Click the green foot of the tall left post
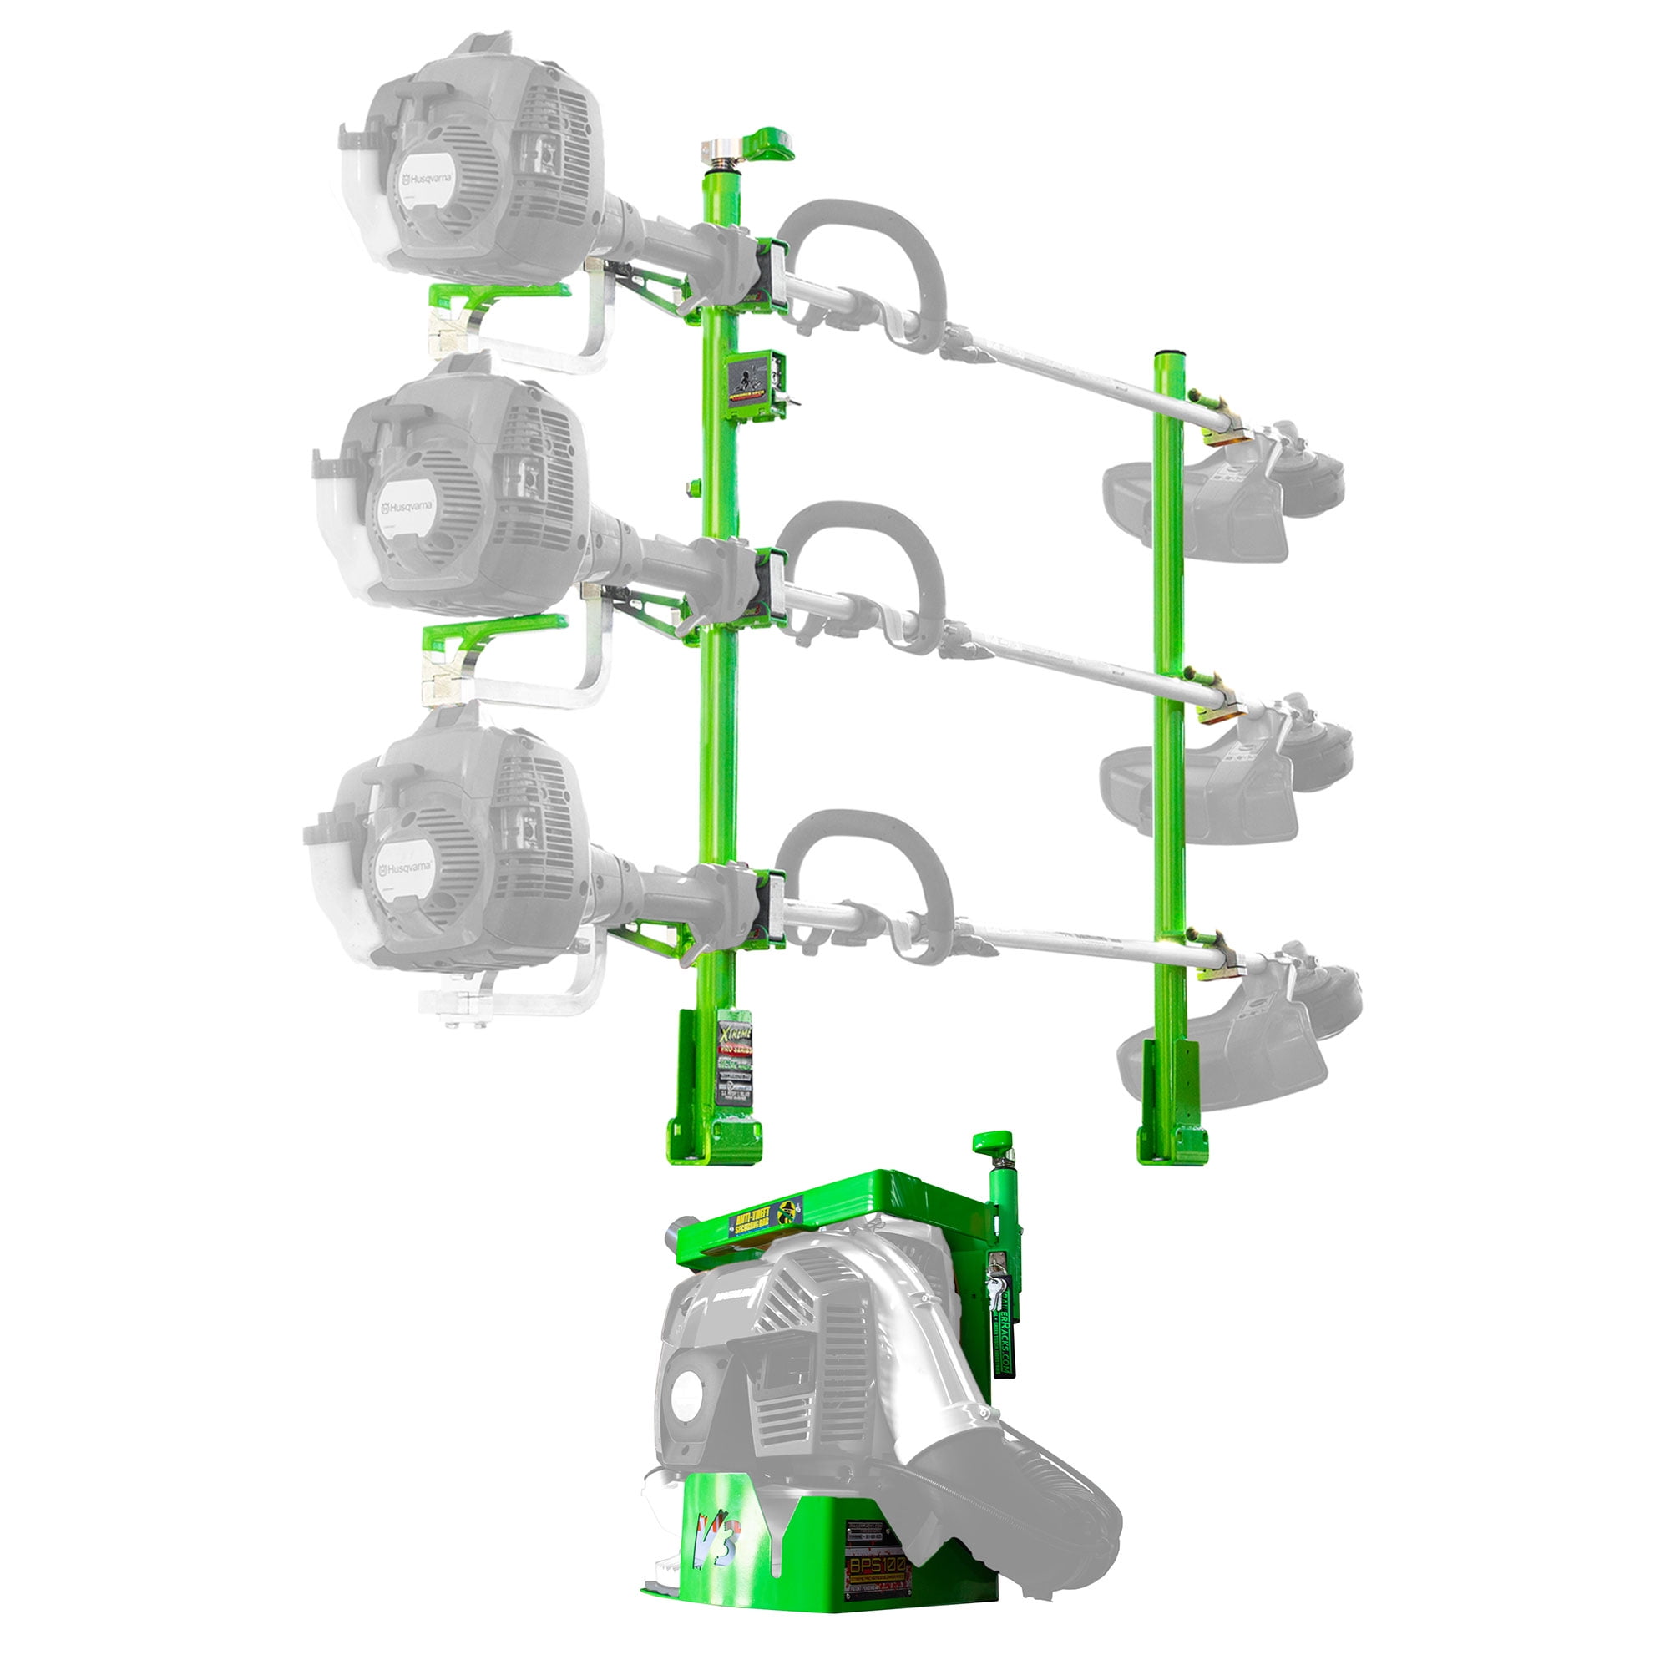pyautogui.click(x=715, y=1141)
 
